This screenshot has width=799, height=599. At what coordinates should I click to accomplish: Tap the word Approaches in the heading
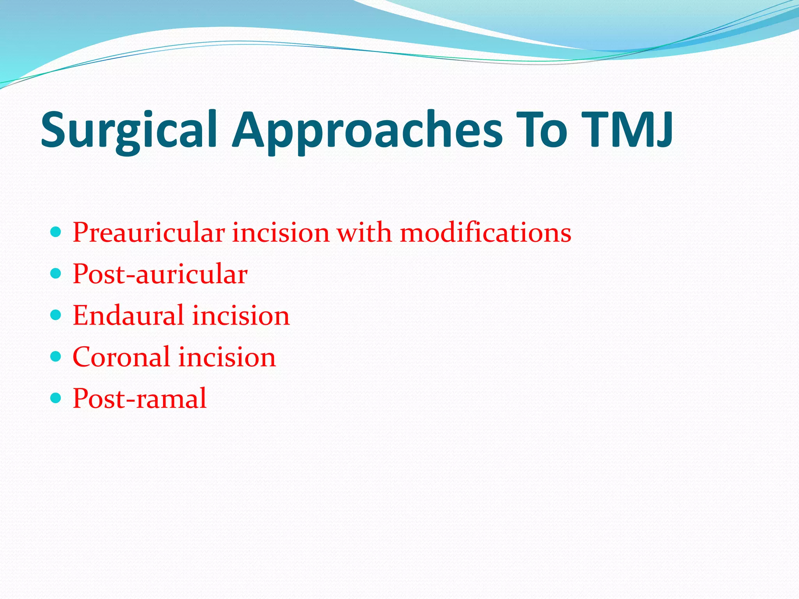coord(367,131)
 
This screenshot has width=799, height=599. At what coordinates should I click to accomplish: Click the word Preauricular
coord(149,233)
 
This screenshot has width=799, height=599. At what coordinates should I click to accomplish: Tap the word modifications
coord(486,233)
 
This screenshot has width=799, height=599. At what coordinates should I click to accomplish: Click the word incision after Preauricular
coord(281,233)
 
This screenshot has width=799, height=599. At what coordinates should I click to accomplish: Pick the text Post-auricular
coord(160,274)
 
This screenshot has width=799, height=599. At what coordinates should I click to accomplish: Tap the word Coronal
coord(121,357)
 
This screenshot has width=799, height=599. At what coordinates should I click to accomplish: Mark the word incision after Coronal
coord(227,357)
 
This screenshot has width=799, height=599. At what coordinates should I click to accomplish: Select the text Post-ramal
coord(139,399)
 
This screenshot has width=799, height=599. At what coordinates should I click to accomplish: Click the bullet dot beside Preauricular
coord(56,233)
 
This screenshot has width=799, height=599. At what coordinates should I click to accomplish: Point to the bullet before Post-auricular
coord(56,274)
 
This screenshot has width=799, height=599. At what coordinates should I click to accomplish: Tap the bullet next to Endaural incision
coord(56,315)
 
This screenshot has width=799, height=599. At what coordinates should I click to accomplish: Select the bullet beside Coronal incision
coord(56,356)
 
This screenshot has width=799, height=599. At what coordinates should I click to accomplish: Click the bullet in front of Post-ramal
coord(56,398)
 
